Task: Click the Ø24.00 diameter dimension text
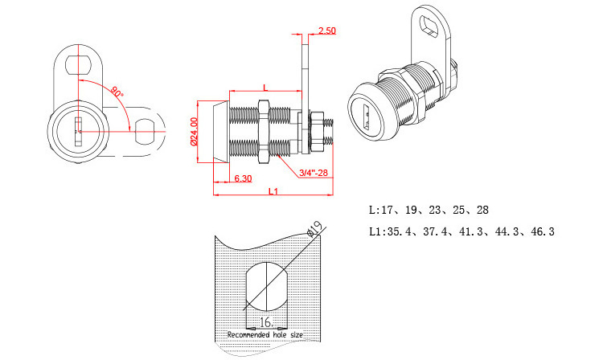click(194, 132)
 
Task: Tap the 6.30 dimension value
click(243, 178)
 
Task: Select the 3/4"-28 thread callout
click(313, 172)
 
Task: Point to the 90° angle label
click(117, 93)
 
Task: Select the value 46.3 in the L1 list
click(541, 231)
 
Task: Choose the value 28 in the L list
click(482, 211)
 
